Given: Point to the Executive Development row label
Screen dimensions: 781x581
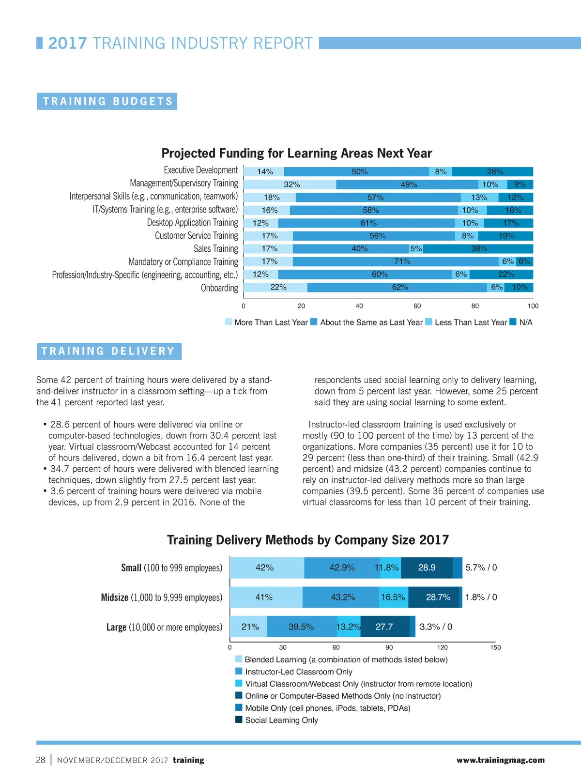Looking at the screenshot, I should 200,170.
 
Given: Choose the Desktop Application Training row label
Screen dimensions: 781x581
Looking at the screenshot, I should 192,222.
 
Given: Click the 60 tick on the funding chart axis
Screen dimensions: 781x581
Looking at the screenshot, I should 417,306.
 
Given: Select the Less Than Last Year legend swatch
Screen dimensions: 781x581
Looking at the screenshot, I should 428,322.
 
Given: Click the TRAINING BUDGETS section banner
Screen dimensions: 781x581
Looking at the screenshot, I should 107,101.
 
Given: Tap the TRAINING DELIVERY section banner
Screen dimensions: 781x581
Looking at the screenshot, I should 109,351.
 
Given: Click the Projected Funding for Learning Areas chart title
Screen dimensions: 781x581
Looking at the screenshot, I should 296,153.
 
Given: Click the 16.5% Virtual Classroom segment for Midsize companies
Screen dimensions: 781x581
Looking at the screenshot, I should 394,597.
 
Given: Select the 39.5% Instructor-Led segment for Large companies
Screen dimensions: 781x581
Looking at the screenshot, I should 302,627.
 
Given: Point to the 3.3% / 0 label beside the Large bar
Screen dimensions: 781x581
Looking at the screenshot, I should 436,627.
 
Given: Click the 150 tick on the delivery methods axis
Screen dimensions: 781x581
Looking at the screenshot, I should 495,647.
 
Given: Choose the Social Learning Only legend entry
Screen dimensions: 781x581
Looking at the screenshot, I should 281,720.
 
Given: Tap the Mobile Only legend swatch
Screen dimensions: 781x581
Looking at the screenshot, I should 239,707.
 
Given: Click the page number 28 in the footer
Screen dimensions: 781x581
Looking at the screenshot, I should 41,760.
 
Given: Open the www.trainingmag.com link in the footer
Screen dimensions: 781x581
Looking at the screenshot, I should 500,760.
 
